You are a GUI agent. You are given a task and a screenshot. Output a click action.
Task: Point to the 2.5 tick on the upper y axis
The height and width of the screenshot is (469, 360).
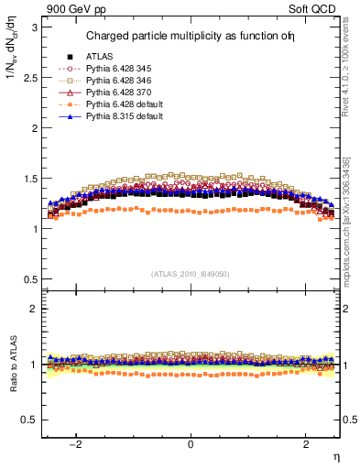point(29,78)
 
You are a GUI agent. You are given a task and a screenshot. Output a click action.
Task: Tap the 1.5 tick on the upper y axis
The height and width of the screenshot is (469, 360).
point(29,179)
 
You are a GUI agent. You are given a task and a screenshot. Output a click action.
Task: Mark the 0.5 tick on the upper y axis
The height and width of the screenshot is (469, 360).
point(29,278)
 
